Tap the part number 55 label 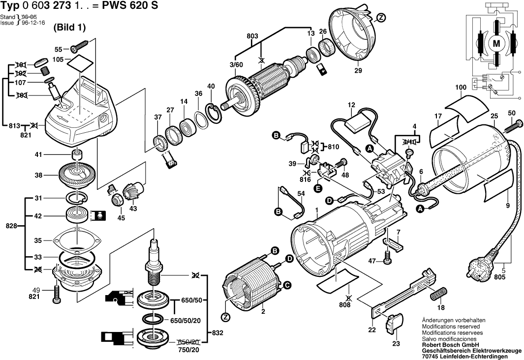click(x=58, y=50)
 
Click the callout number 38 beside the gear click(x=38, y=175)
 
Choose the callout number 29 click(x=358, y=71)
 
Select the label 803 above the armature click(x=252, y=36)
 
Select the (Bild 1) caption click(x=69, y=27)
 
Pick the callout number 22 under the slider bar click(x=372, y=329)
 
